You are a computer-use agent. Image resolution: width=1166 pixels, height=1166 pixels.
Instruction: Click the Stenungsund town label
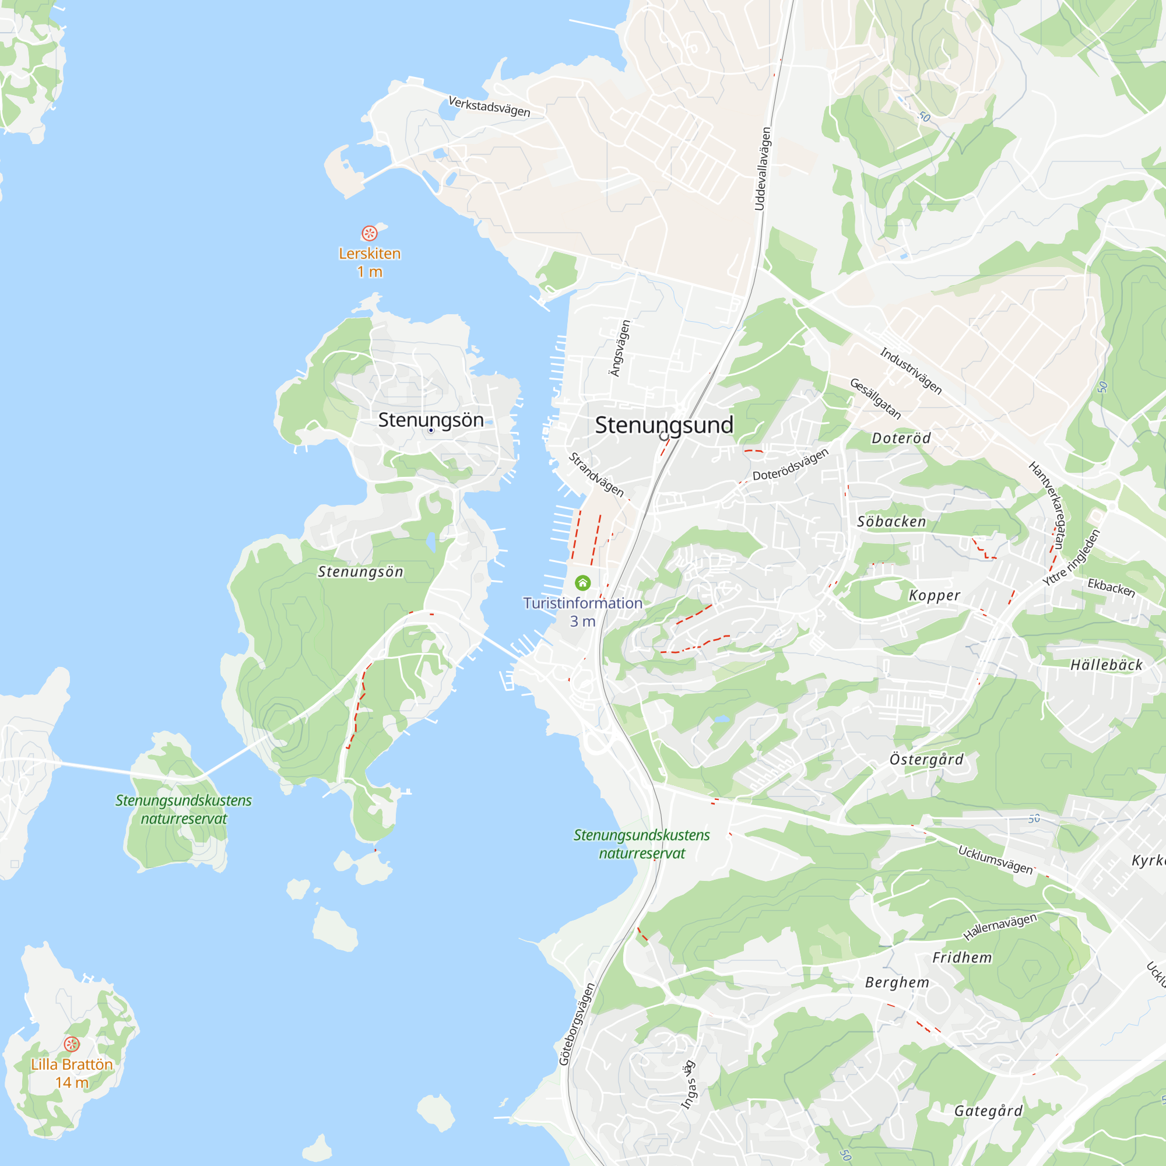point(664,425)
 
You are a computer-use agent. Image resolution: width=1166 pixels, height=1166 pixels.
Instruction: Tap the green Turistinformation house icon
point(582,582)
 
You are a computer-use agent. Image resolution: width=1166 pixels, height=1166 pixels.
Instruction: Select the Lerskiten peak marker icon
point(370,233)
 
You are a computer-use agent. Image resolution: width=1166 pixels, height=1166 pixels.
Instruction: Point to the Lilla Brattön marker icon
point(72,1044)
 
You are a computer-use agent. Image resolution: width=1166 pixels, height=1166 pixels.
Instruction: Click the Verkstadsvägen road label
point(490,106)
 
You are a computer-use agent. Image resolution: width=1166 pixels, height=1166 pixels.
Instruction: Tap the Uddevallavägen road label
point(762,168)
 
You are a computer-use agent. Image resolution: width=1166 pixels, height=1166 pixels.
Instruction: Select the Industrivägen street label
point(910,371)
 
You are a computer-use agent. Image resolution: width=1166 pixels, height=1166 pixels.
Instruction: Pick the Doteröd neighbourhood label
point(901,438)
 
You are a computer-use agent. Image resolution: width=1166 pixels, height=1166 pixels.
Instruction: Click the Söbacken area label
point(891,521)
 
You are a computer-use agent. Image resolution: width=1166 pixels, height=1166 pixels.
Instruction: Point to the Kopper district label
point(934,596)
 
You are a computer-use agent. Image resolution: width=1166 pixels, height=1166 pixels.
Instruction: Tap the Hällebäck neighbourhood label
point(1107,665)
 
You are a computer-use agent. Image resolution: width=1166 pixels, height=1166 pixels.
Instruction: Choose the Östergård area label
point(926,759)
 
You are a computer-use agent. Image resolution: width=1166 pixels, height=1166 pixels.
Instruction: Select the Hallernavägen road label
point(1000,926)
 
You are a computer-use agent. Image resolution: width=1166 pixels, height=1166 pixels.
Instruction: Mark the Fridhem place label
point(962,958)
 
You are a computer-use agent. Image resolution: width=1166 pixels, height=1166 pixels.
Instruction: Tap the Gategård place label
point(988,1111)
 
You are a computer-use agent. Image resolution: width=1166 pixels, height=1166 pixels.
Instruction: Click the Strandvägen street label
point(596,475)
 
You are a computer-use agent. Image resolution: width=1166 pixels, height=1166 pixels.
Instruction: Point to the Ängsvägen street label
point(620,348)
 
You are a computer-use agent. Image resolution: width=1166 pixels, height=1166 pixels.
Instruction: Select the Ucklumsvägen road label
point(996,859)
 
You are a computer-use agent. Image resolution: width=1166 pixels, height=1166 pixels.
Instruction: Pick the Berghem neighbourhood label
point(897,982)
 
